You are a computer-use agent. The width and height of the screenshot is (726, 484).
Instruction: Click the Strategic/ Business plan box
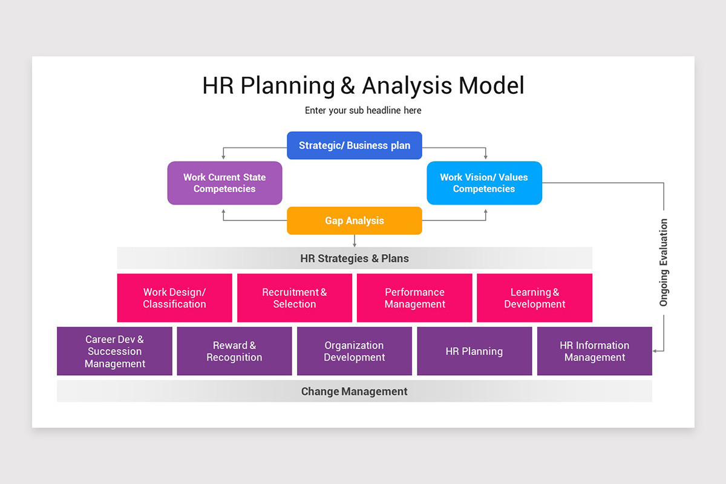[x=354, y=146]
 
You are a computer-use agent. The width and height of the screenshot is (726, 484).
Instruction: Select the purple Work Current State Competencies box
[x=224, y=183]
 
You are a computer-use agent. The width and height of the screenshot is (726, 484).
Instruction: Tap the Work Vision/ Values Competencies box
[x=484, y=183]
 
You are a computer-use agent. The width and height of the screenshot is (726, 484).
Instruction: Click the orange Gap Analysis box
[x=354, y=221]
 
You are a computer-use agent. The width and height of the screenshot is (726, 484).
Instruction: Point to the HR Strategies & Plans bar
[x=355, y=258]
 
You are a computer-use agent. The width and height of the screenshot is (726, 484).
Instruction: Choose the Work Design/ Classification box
[x=174, y=298]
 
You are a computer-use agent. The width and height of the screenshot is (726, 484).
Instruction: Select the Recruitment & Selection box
[x=294, y=298]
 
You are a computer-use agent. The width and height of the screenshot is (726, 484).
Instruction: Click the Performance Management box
[x=414, y=298]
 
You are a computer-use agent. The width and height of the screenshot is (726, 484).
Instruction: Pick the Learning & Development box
[x=534, y=298]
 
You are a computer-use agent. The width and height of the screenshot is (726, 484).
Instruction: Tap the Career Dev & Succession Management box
[x=114, y=352]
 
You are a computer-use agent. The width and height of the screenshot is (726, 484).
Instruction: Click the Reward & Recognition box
[x=234, y=352]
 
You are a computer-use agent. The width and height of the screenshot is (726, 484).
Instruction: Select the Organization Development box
[x=354, y=352]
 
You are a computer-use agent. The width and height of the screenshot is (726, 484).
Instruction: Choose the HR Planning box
[x=474, y=352]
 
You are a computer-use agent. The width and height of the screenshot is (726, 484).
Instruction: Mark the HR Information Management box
[x=594, y=352]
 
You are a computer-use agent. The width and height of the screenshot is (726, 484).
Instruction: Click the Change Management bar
[x=355, y=391]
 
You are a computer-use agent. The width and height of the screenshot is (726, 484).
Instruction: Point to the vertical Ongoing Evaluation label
[x=664, y=263]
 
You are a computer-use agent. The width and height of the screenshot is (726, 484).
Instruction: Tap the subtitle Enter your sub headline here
[x=363, y=111]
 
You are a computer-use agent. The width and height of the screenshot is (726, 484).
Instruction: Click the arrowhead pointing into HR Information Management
[x=656, y=350]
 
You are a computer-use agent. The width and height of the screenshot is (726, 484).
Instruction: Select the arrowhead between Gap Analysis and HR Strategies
[x=355, y=244]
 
